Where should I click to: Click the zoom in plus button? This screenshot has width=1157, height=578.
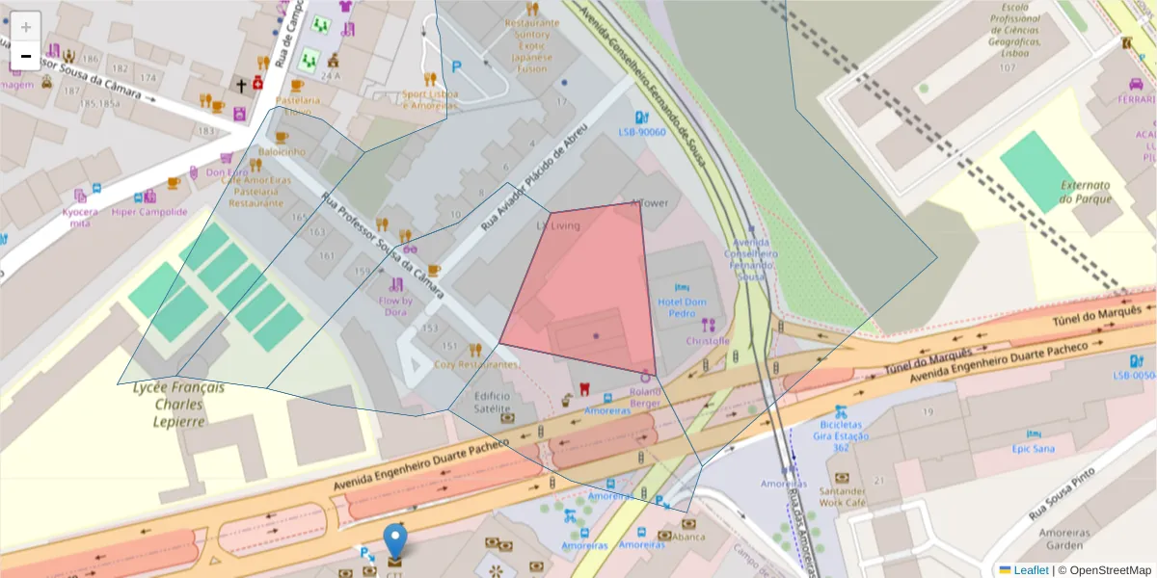[x=26, y=27]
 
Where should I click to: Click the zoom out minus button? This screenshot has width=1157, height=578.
[x=26, y=56]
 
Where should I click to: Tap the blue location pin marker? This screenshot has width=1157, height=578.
[x=395, y=541]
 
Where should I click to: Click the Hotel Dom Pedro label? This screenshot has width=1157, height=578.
[x=682, y=307]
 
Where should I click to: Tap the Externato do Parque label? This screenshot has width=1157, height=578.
[x=1086, y=191]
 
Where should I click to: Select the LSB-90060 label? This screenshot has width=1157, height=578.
[x=642, y=132]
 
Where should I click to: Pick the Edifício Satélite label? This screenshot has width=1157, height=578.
[x=492, y=402]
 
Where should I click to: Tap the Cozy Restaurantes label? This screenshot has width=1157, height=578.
[x=475, y=364]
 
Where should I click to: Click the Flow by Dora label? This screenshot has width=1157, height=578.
[x=395, y=306]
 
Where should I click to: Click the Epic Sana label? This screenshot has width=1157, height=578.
[x=1034, y=448]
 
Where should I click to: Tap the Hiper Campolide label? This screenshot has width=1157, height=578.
[x=149, y=212]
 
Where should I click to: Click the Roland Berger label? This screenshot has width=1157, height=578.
[x=645, y=397]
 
